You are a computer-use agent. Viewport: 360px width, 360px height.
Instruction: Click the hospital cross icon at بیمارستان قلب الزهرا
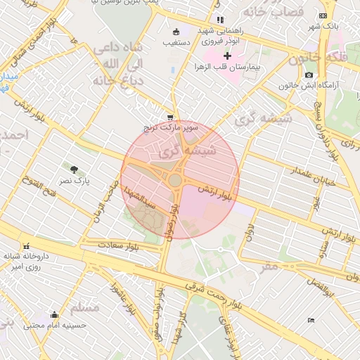[227, 56]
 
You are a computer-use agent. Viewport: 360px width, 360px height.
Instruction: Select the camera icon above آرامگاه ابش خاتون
[309, 75]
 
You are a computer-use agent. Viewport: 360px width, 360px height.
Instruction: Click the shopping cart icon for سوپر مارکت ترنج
[170, 117]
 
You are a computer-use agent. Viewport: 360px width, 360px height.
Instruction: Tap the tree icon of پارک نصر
[73, 168]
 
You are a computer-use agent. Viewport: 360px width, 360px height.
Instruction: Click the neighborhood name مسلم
[85, 307]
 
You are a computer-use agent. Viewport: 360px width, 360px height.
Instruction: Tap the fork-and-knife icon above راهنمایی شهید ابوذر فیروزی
[220, 20]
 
